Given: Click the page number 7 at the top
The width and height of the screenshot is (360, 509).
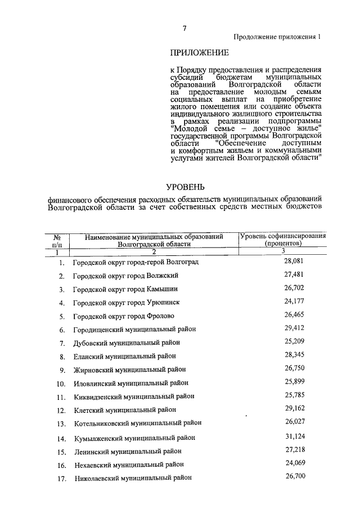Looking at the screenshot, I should [184, 29].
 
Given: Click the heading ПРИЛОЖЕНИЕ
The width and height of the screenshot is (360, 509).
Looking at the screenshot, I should [199, 53].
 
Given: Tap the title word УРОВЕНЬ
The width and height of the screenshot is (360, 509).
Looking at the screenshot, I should [185, 186].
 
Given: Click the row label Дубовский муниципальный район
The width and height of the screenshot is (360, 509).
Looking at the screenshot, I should [128, 343].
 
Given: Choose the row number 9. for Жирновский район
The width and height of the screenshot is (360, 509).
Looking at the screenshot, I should [63, 370].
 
